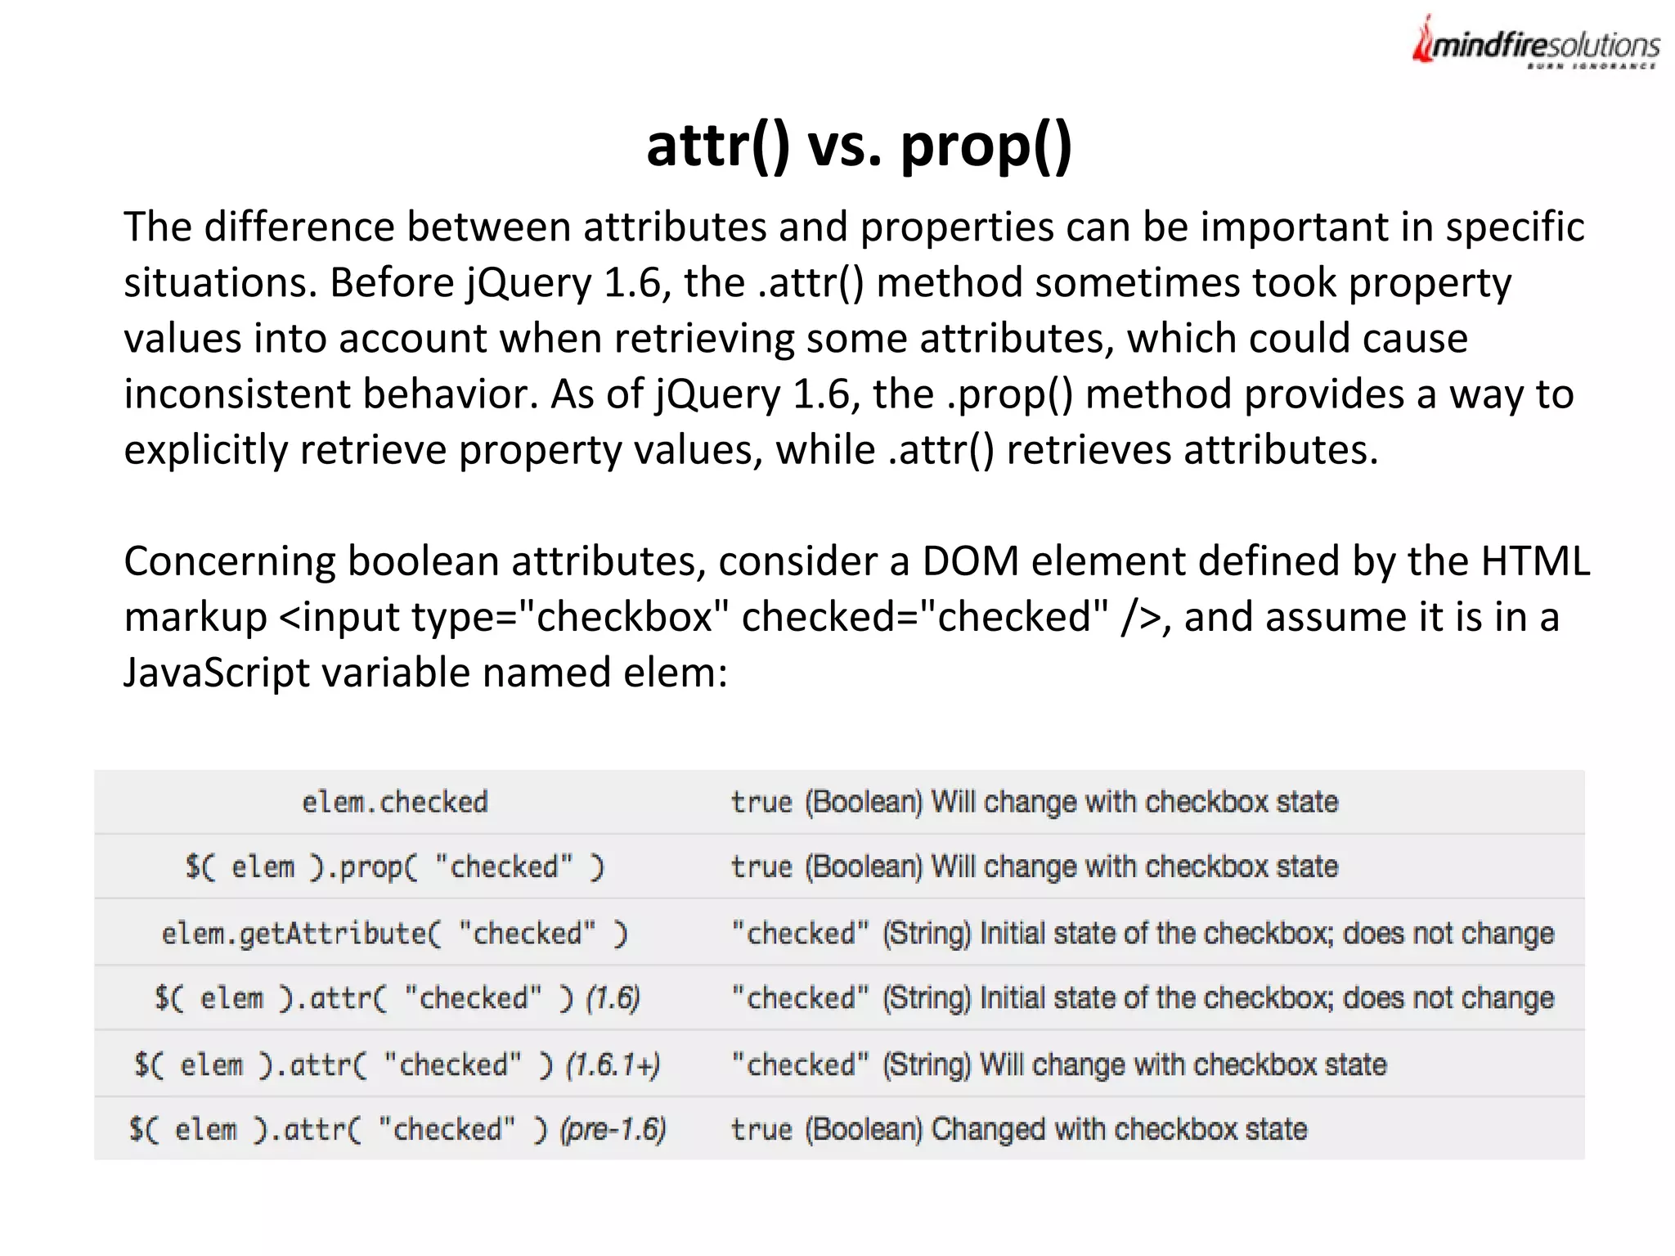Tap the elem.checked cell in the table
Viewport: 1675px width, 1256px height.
click(395, 802)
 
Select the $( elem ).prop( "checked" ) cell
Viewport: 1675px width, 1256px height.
click(395, 867)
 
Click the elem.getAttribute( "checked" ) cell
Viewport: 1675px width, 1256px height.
click(395, 933)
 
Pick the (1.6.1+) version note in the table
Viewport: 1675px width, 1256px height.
click(613, 1065)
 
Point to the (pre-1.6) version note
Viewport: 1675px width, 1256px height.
click(613, 1129)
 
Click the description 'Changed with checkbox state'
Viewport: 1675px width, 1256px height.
click(1119, 1129)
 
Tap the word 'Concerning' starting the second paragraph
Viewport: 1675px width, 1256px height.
click(229, 562)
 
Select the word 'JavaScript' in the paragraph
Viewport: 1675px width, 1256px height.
click(216, 673)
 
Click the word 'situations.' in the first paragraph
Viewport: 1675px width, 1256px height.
click(219, 283)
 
